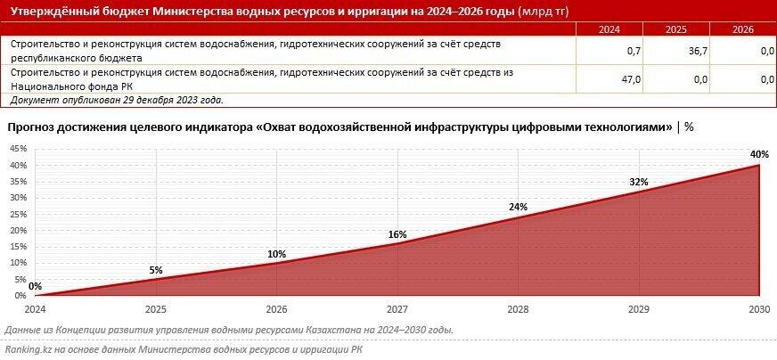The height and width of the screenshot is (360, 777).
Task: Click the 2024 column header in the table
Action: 609,29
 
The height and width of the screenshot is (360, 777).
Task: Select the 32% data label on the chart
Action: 637,182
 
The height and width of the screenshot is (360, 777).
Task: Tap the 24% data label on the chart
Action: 518,207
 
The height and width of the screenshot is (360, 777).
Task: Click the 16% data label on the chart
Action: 397,234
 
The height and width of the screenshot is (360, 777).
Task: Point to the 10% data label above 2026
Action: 276,254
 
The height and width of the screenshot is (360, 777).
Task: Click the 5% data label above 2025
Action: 156,270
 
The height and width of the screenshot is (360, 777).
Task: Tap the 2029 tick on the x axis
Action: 638,308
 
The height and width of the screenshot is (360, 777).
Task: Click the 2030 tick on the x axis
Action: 758,308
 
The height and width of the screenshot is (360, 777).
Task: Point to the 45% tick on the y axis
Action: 18,149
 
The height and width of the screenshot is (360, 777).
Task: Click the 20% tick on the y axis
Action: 18,231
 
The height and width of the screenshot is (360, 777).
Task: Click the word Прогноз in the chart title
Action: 33,127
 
